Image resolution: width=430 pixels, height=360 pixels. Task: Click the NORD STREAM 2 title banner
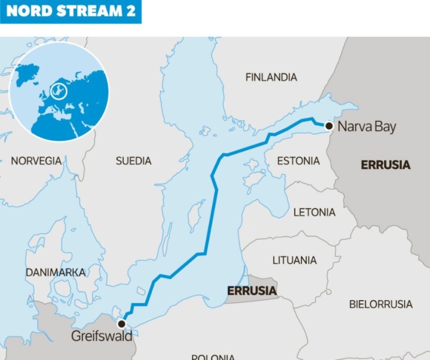[x=70, y=11]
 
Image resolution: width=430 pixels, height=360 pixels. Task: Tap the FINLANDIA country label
[x=271, y=77]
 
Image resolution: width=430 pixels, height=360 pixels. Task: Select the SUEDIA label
[x=133, y=161]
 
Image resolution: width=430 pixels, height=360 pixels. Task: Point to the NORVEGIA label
[x=36, y=161]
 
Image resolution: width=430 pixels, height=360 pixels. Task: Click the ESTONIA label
[x=298, y=161]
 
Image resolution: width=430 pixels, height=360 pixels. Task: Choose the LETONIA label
[x=314, y=212]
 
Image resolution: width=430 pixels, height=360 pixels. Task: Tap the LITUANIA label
[x=294, y=260]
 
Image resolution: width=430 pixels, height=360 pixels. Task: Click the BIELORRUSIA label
[x=380, y=304]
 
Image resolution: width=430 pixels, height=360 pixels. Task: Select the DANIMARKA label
[x=56, y=272]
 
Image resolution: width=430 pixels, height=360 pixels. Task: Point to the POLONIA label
[x=213, y=356]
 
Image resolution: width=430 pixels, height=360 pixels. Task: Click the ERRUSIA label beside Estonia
[x=385, y=165]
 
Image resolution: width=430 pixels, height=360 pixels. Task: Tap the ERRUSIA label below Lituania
[x=251, y=291]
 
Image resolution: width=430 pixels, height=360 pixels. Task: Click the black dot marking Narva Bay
[x=329, y=126]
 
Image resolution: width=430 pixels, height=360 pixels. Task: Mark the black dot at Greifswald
[x=121, y=324]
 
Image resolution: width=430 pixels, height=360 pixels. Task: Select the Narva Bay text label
[x=366, y=127]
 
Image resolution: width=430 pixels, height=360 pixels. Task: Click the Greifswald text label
[x=101, y=337]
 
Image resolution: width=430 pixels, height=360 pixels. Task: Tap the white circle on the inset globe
[x=58, y=90]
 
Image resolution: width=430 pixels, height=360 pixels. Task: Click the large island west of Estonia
[x=254, y=165]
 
